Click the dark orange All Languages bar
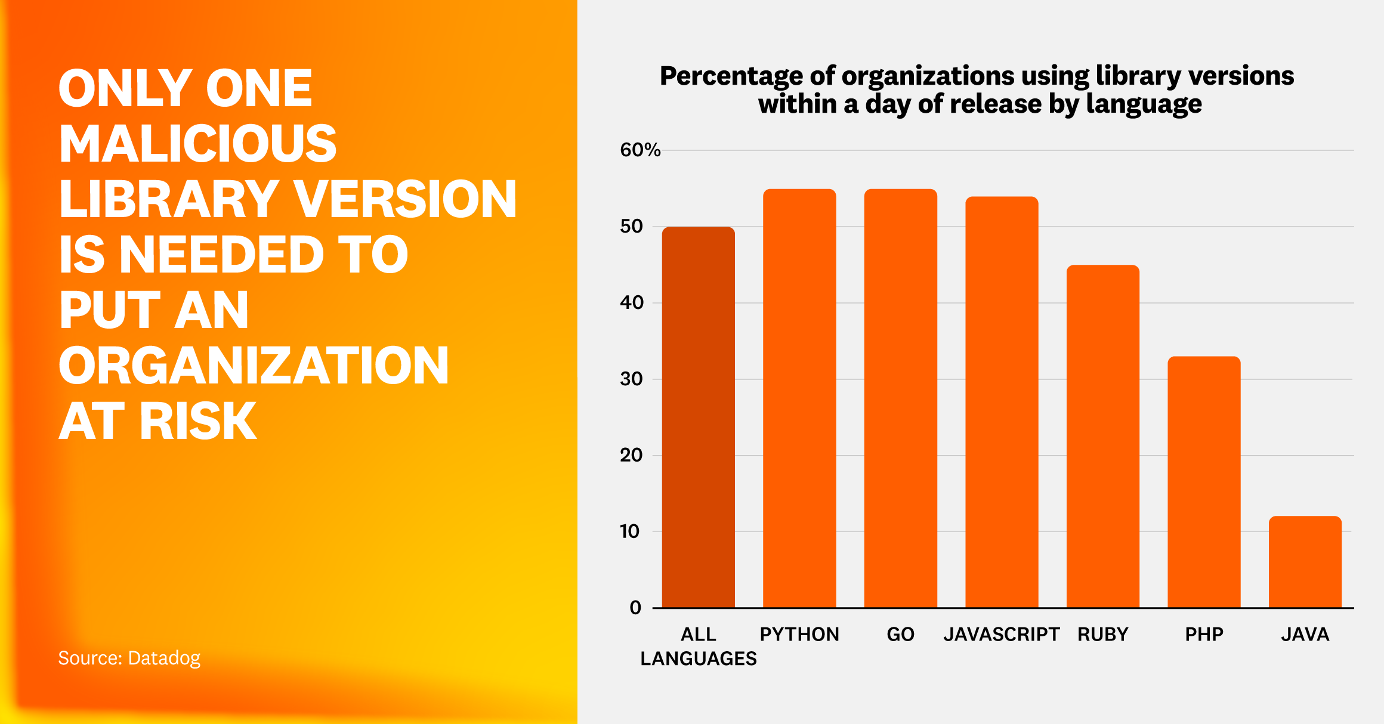click(x=698, y=417)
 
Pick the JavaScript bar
click(x=1002, y=403)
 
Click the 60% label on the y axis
click(x=640, y=150)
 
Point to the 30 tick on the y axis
click(x=631, y=379)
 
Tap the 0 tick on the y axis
click(x=635, y=608)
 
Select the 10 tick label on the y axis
click(x=630, y=531)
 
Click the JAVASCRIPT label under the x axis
click(x=1002, y=634)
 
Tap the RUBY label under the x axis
click(x=1102, y=634)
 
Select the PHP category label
click(x=1204, y=634)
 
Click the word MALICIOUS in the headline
click(x=197, y=144)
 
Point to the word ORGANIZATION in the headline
click(x=254, y=366)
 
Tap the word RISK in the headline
click(x=198, y=421)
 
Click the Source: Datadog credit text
click(x=129, y=658)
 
